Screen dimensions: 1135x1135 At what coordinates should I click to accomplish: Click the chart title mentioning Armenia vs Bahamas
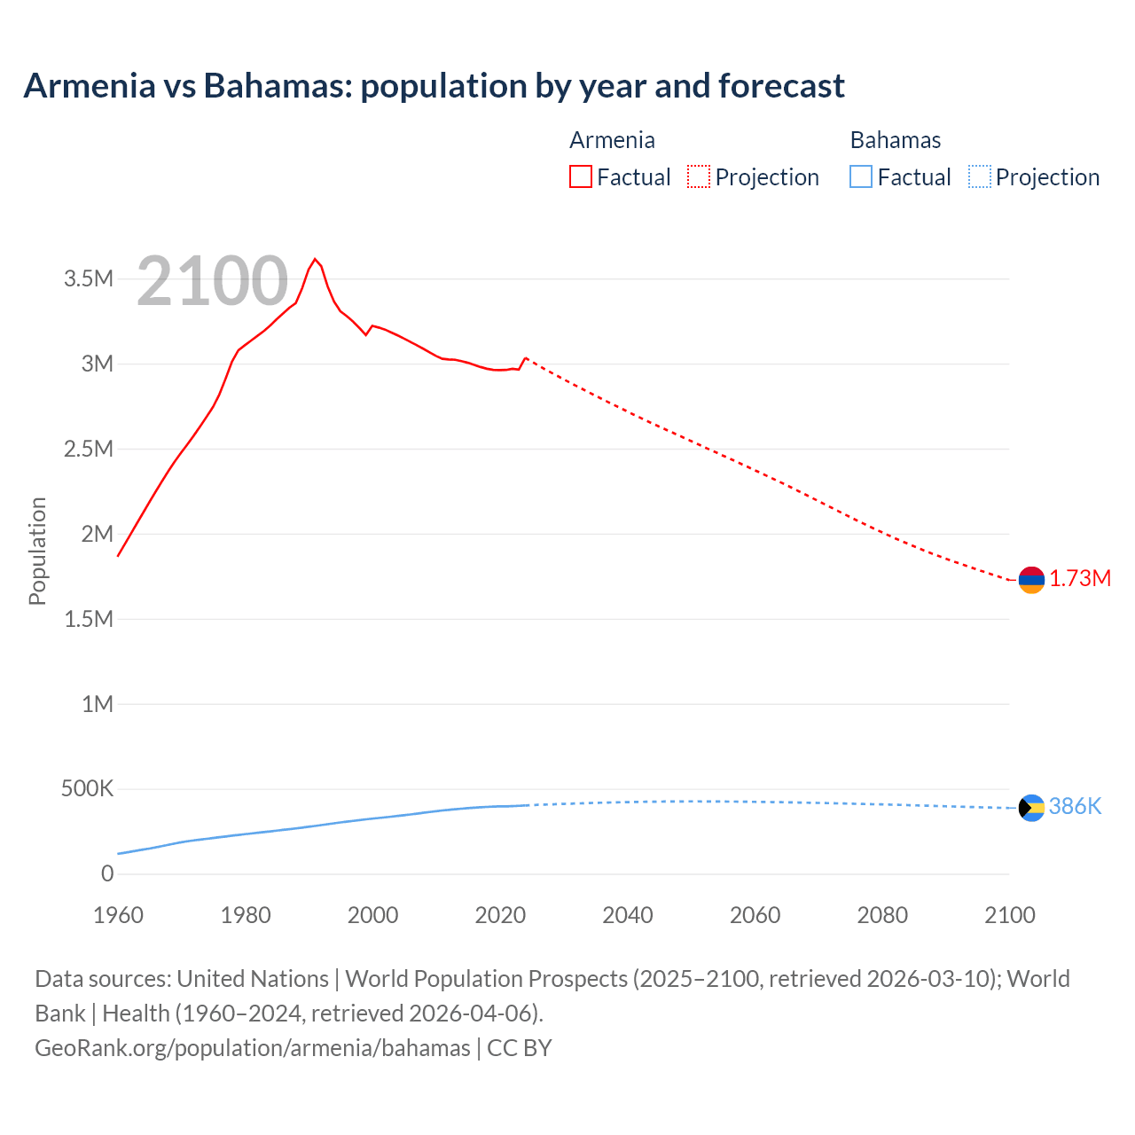(434, 86)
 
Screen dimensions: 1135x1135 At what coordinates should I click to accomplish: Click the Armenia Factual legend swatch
(580, 177)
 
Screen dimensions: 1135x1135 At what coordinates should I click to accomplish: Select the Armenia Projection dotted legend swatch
(699, 177)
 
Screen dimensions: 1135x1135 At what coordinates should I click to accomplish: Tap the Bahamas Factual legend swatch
(860, 177)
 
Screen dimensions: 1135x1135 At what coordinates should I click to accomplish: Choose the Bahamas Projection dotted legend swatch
(979, 177)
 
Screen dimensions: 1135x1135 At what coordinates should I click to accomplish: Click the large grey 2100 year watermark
(212, 281)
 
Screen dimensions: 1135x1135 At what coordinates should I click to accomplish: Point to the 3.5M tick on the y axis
(89, 279)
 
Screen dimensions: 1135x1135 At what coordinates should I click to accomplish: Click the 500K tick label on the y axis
(87, 789)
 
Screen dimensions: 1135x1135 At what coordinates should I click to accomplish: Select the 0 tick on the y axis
(107, 874)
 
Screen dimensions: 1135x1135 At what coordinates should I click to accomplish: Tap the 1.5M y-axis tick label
(89, 619)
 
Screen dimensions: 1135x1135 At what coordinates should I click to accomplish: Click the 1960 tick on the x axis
(118, 915)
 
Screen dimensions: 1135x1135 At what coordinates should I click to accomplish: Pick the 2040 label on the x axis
(628, 915)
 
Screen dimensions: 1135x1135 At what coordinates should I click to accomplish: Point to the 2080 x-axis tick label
(882, 915)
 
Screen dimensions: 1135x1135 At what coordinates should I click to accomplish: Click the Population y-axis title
(37, 551)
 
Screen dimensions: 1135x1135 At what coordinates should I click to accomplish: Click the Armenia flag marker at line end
(1031, 580)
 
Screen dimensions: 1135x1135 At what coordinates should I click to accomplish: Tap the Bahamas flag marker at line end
(1031, 808)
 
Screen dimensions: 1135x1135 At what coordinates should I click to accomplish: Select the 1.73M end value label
(1080, 579)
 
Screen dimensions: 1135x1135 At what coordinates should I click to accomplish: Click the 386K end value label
(1075, 806)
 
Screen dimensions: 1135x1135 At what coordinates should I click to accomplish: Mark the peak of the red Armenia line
(315, 259)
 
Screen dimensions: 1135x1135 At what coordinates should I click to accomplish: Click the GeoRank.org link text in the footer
(253, 1048)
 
